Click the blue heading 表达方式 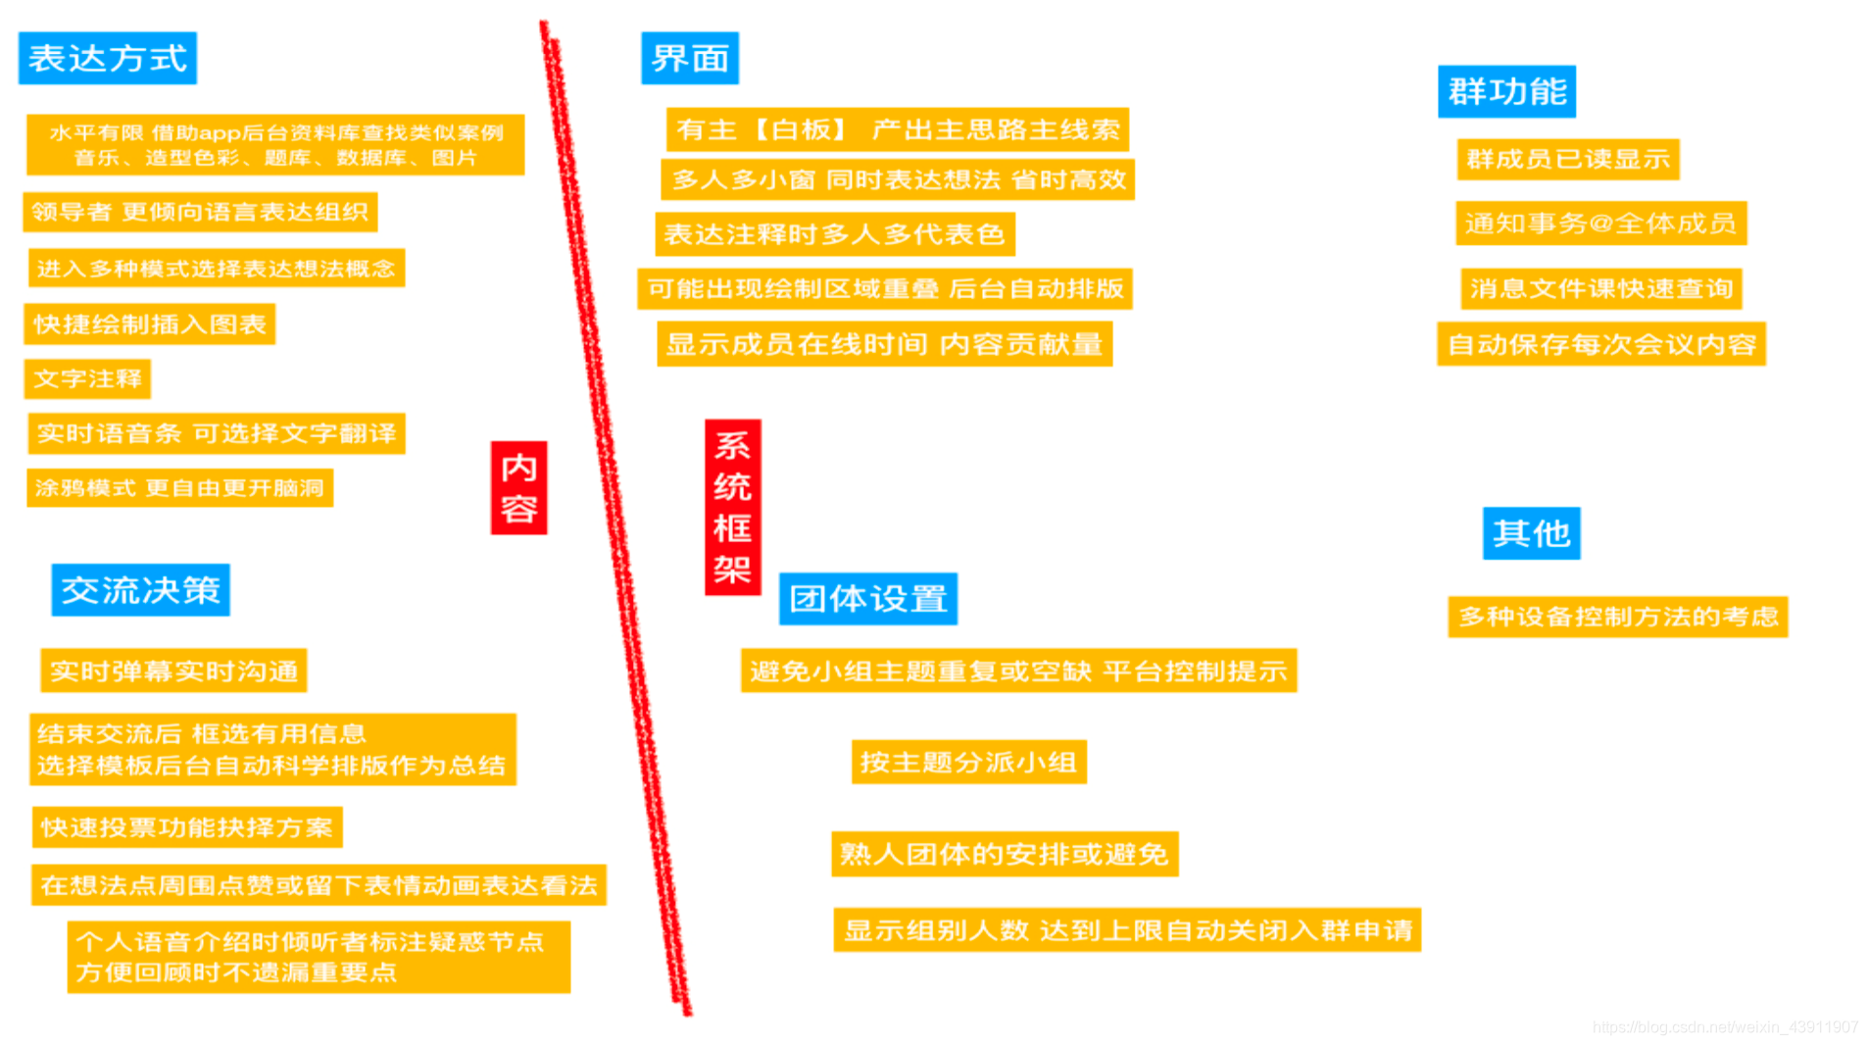(108, 59)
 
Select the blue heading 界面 (690, 59)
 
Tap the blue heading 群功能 (1506, 92)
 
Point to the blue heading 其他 (1531, 533)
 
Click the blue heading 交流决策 (140, 590)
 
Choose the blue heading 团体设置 (867, 599)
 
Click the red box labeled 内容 (518, 488)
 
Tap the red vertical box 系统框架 (732, 507)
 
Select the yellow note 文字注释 (87, 379)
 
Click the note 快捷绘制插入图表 (149, 324)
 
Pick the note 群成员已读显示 (1567, 160)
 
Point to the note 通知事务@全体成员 (1600, 224)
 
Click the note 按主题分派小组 (968, 763)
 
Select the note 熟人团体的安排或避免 (1004, 855)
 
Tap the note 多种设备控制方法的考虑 (1617, 618)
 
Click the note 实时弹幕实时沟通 (173, 672)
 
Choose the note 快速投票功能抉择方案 (186, 828)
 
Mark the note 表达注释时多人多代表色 (834, 234)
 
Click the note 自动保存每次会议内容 (1600, 345)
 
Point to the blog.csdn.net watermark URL (1724, 1027)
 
